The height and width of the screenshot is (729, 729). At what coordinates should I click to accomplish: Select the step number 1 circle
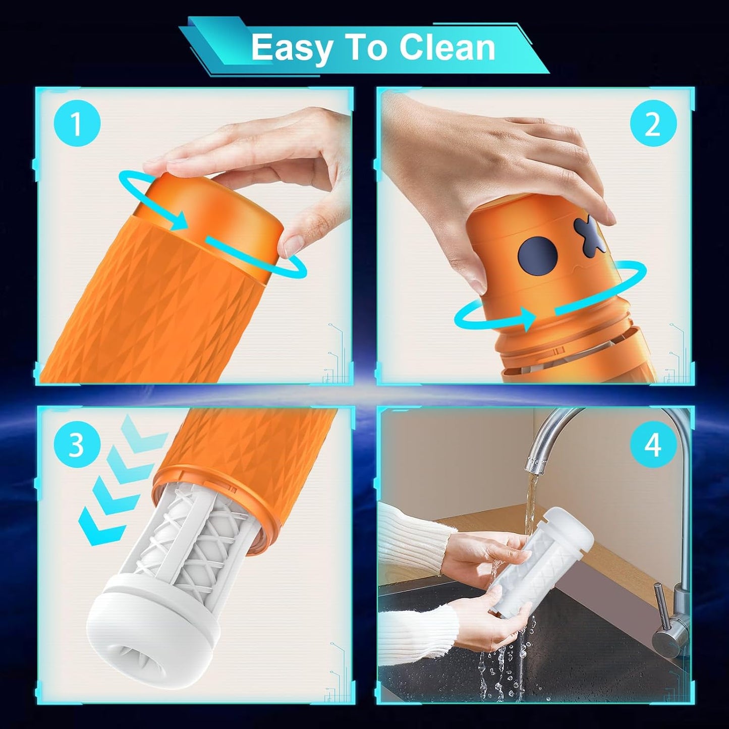(77, 124)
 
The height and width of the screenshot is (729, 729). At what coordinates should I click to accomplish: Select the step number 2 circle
(653, 124)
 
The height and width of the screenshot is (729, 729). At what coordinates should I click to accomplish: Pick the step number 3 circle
(77, 444)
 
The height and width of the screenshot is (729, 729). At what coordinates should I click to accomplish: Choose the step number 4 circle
(653, 444)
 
